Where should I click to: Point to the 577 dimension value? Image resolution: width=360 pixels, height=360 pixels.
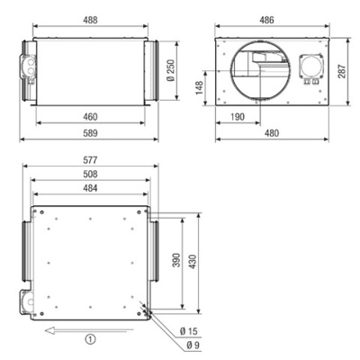88,162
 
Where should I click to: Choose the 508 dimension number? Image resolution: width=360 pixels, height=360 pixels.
88,176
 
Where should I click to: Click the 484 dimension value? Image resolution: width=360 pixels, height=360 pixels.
88,190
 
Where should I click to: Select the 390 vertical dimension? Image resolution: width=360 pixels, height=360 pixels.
178,260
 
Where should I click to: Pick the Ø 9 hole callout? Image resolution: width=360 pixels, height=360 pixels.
193,346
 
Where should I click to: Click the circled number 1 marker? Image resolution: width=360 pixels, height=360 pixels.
89,340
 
